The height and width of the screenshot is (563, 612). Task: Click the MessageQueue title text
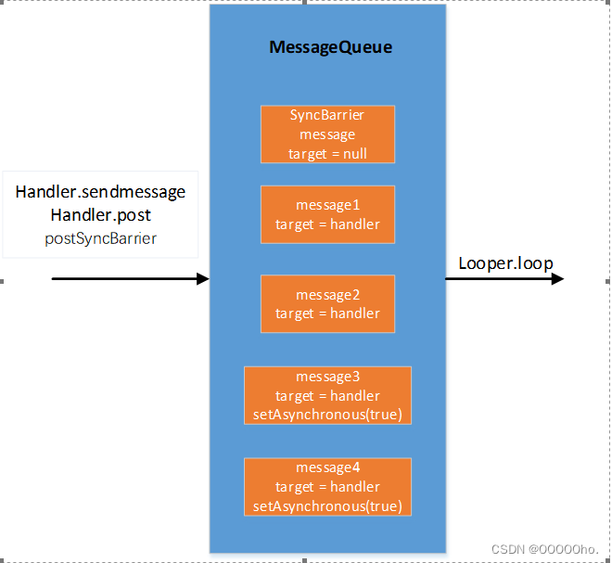click(330, 47)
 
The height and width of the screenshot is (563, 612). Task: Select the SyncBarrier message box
click(327, 134)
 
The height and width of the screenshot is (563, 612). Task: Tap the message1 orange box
click(327, 214)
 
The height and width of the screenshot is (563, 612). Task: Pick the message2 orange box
click(327, 303)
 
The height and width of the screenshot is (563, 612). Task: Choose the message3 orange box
click(327, 395)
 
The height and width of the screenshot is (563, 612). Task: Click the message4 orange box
click(327, 486)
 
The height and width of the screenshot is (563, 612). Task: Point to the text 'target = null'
click(327, 153)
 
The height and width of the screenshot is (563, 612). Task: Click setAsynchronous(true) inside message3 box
click(327, 414)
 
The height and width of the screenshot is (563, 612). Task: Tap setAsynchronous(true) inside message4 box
click(327, 505)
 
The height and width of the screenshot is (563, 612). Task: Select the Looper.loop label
click(505, 263)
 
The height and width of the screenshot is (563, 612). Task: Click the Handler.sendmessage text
click(100, 192)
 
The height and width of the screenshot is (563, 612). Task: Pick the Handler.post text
click(100, 214)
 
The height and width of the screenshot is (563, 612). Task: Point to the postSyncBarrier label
click(100, 238)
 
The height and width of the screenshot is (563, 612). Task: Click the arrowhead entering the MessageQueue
click(203, 278)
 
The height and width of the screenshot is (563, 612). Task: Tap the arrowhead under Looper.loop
click(556, 278)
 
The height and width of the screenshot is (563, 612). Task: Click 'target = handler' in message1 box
click(327, 224)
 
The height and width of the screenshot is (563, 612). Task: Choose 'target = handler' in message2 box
click(327, 313)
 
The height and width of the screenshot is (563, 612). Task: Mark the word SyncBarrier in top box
click(327, 116)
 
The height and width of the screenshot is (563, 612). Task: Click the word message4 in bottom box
click(327, 467)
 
